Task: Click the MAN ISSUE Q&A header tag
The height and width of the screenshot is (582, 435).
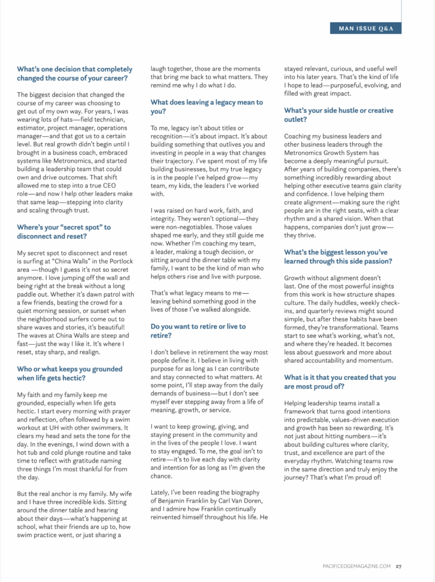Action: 365,28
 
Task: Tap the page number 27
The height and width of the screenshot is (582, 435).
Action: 399,566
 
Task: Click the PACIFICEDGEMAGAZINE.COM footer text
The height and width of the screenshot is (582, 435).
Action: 354,566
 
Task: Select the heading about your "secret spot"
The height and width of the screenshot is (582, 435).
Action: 63,232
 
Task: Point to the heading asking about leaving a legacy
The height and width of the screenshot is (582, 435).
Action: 206,106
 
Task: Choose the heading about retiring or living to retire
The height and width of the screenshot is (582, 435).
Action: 198,331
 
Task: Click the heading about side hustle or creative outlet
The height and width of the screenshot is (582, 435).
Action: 338,114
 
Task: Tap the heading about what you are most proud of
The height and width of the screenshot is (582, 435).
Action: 340,382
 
